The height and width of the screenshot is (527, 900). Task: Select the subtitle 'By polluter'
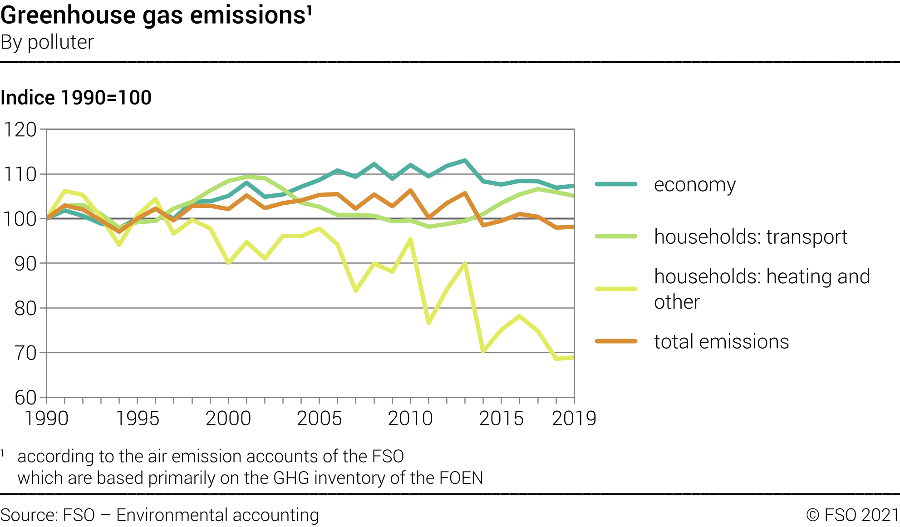[47, 42]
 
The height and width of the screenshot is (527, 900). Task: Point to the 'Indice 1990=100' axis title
[76, 98]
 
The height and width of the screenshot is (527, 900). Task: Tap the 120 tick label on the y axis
[20, 130]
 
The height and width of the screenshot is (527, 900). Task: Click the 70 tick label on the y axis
[25, 353]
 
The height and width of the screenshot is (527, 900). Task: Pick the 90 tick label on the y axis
[25, 264]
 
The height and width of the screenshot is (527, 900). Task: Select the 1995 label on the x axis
[138, 419]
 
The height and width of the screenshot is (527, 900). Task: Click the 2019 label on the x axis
[574, 419]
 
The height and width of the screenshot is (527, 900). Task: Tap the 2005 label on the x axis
[320, 419]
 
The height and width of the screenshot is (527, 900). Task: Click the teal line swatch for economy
[616, 184]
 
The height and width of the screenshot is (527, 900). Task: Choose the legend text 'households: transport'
[751, 237]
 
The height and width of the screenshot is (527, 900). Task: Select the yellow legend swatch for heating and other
[616, 289]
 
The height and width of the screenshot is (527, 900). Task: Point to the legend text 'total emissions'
[721, 341]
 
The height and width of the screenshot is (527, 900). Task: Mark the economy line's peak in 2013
[465, 160]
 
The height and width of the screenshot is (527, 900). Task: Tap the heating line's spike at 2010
[410, 239]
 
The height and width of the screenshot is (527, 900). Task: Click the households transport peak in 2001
[246, 177]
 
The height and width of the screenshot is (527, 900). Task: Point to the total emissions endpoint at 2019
[574, 227]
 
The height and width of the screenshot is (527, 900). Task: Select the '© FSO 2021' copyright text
[852, 515]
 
